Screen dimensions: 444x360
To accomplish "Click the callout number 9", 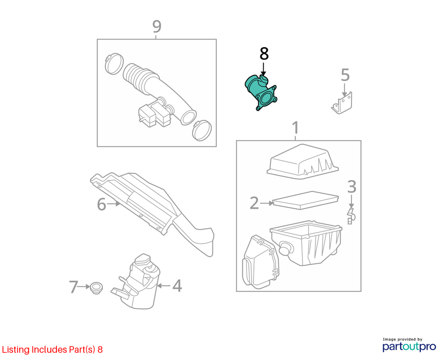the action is pyautogui.click(x=157, y=26).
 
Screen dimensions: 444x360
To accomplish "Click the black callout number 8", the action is pyautogui.click(x=264, y=54).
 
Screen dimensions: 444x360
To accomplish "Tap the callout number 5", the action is pyautogui.click(x=345, y=75).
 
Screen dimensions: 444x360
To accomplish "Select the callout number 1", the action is pyautogui.click(x=296, y=128).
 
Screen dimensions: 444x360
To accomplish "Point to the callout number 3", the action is pyautogui.click(x=351, y=187).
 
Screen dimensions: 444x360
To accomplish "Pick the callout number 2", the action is pyautogui.click(x=254, y=203).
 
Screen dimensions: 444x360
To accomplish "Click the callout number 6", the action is pyautogui.click(x=101, y=204).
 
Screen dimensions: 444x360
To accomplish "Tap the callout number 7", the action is pyautogui.click(x=74, y=287).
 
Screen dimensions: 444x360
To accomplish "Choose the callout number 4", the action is pyautogui.click(x=177, y=286).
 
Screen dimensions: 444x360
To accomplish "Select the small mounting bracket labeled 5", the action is pyautogui.click(x=342, y=103).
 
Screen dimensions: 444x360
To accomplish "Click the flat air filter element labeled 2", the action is pyautogui.click(x=306, y=200).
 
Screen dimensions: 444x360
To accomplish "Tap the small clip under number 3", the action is pyautogui.click(x=351, y=216).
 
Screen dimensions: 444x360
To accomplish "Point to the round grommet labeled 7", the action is pyautogui.click(x=96, y=288).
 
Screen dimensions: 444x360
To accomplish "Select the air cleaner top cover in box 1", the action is pyautogui.click(x=302, y=161).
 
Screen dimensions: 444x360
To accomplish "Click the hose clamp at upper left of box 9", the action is pyautogui.click(x=114, y=63).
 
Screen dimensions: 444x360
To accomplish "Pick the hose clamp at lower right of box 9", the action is pyautogui.click(x=202, y=130).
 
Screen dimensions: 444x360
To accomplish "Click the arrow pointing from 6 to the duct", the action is pyautogui.click(x=113, y=204).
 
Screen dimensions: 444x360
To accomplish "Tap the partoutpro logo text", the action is pyautogui.click(x=409, y=347).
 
